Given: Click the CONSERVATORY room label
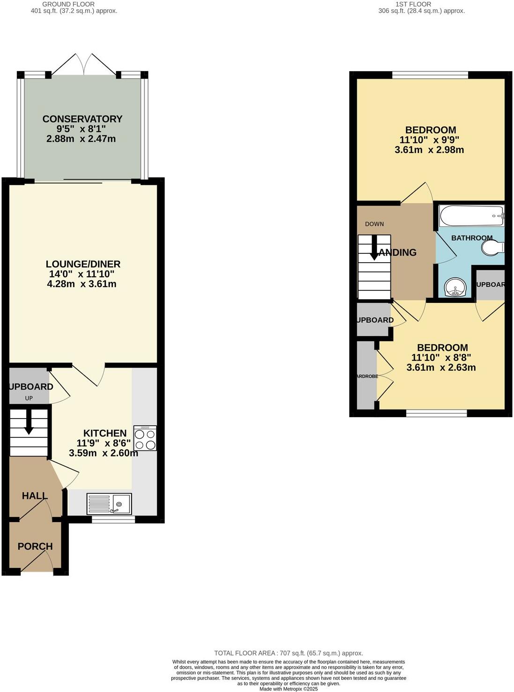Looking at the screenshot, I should point(82,119).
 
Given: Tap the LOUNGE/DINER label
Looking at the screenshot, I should point(83,264).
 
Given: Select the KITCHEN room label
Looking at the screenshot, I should point(105,433).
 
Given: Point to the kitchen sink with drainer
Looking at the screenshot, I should point(109,504).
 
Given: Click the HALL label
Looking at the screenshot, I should point(35,495).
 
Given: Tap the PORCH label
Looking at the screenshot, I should point(35,546).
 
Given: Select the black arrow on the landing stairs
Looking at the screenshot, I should point(374,248).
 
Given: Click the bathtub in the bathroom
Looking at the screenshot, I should point(471,216).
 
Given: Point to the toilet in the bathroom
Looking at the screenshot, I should point(492,248).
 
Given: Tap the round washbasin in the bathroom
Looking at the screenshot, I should point(454,287).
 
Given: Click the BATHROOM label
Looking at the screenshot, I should point(471,238).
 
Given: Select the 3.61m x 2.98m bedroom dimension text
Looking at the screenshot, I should point(429,150).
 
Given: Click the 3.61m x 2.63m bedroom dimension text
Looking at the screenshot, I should point(441,368).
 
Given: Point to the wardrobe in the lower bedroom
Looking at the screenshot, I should point(366,376).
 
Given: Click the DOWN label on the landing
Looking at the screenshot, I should point(374,224).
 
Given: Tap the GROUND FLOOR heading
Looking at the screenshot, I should point(68,4).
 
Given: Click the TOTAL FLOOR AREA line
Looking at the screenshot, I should point(288,653).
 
